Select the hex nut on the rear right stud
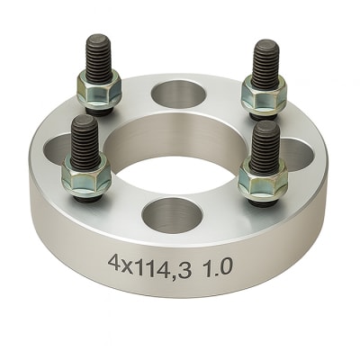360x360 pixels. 264,93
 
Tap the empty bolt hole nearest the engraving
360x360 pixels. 174,214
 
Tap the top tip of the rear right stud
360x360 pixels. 265,42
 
